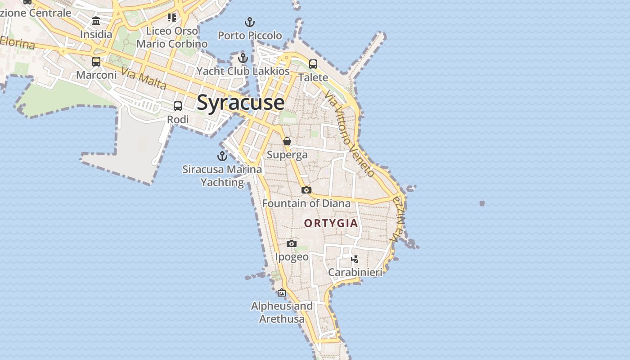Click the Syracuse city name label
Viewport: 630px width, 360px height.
(241, 103)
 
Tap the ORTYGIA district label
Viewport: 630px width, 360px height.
(331, 223)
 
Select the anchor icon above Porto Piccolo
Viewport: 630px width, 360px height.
(250, 22)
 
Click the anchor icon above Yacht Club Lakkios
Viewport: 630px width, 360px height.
(243, 58)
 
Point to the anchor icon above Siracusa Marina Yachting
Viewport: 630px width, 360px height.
(222, 156)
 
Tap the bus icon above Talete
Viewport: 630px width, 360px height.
(313, 64)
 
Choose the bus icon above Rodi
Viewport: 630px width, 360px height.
(178, 106)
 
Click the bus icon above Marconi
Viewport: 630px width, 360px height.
(96, 61)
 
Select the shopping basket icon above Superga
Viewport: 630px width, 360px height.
(287, 141)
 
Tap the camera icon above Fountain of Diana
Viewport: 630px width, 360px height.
(306, 190)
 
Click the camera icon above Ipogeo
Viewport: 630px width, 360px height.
(292, 243)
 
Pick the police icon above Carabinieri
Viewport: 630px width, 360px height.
(355, 259)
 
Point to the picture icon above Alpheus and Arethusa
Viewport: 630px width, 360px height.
(282, 292)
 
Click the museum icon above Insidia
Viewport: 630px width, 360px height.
(96, 21)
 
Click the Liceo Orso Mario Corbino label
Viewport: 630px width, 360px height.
(172, 37)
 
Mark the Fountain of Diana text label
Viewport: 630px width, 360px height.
(306, 203)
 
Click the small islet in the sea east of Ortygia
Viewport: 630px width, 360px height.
(482, 203)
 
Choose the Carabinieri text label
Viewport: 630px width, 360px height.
(355, 272)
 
